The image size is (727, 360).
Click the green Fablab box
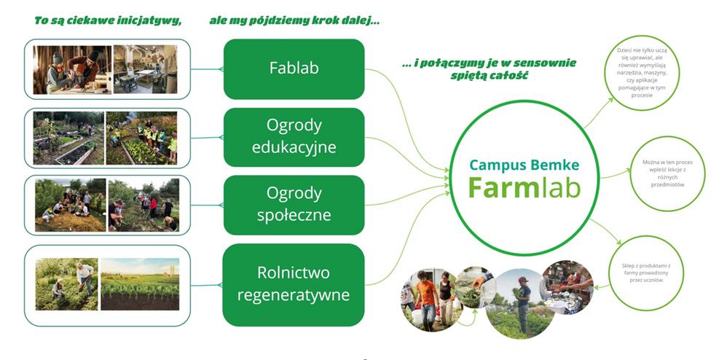pos(294,69)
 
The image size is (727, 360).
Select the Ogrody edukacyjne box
pos(294,136)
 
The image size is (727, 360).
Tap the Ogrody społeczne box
pos(294,205)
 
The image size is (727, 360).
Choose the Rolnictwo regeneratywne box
pos(294,284)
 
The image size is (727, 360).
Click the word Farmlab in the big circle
pos(524,187)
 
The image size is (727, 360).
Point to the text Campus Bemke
pos(524,165)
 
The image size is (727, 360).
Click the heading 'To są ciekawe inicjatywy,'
pos(108,20)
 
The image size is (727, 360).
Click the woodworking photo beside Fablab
pos(72,69)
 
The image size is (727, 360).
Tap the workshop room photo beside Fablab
pos(144,69)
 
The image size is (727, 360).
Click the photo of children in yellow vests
pos(141,137)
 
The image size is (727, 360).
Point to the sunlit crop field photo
pos(139,284)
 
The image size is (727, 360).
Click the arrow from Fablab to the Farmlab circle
pos(408,117)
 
